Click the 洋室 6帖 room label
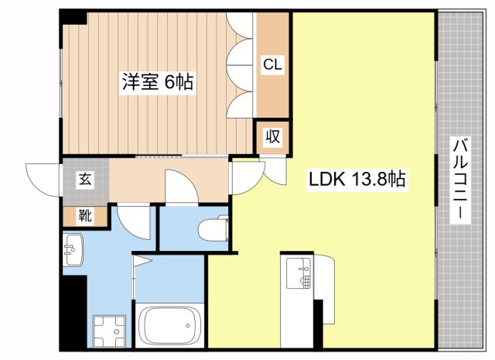[156, 80]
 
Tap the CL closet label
[272, 66]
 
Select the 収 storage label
[273, 137]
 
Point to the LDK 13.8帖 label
[357, 180]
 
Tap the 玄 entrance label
[84, 180]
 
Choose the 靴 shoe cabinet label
[84, 216]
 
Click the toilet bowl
[213, 229]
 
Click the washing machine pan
[108, 331]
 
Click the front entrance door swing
[43, 177]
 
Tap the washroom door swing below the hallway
[133, 221]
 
